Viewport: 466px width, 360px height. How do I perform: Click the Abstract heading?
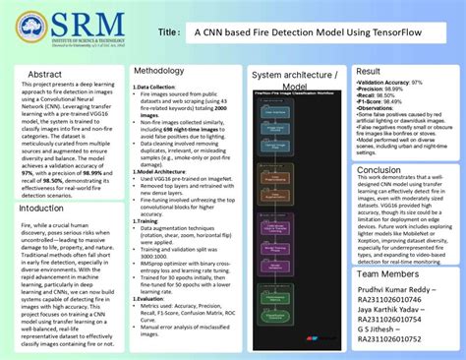pos(44,74)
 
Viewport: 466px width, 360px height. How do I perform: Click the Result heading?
pos(369,71)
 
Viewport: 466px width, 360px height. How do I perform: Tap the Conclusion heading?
pos(379,170)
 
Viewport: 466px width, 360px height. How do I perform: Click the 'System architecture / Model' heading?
pos(294,80)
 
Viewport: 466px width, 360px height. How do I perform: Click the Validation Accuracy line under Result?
pos(390,83)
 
